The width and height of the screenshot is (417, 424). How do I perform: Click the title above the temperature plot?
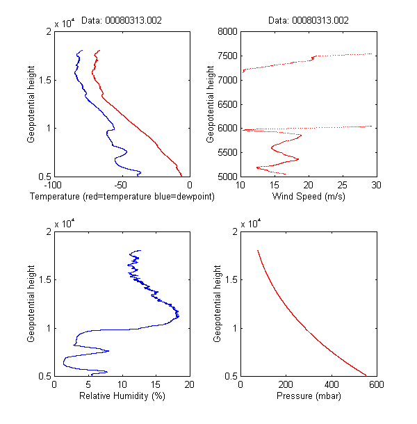[x=122, y=21]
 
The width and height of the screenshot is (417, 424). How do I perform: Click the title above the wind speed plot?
[x=309, y=21]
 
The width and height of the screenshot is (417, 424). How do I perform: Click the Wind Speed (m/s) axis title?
[x=309, y=197]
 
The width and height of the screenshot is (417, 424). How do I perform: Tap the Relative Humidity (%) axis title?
[x=122, y=396]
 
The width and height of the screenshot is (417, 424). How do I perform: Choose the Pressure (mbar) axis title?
[x=309, y=396]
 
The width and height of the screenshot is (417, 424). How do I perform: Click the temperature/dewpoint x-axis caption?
[x=122, y=197]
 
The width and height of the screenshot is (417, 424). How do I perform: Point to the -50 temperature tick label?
[x=122, y=186]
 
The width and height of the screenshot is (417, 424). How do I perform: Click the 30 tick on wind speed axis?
[x=376, y=186]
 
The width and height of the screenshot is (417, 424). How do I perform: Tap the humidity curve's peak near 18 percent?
[x=179, y=316]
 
